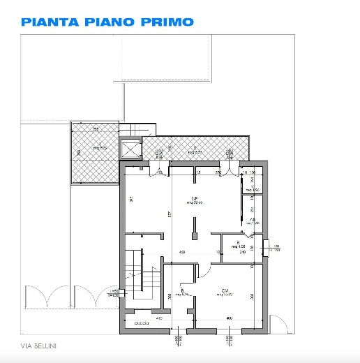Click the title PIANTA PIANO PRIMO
[x=107, y=22]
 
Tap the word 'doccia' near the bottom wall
[x=142, y=324]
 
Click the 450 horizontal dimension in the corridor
[x=180, y=252]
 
